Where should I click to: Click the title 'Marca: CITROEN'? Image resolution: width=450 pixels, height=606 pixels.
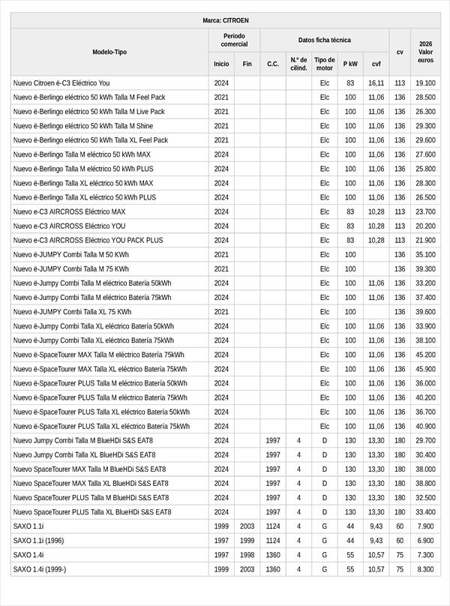225,20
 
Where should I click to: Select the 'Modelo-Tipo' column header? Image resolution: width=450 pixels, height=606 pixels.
109,52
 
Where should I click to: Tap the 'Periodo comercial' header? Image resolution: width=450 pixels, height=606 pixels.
234,40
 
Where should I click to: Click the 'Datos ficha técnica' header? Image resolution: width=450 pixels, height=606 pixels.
324,40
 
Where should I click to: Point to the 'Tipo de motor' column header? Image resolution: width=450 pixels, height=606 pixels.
324,64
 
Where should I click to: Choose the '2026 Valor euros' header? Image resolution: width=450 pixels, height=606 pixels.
425,52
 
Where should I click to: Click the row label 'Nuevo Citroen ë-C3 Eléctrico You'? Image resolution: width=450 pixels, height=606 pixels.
61,83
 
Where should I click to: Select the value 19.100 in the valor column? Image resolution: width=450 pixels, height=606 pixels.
425,83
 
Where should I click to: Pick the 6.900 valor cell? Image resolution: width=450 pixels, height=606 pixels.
425,541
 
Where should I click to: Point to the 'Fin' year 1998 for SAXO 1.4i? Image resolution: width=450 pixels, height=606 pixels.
247,555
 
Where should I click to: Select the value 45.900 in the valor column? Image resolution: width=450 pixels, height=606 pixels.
425,369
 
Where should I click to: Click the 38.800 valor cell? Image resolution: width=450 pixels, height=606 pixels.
425,484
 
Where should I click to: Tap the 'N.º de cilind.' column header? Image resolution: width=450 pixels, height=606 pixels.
298,64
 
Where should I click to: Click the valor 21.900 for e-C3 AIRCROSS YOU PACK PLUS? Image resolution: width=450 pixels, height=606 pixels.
425,241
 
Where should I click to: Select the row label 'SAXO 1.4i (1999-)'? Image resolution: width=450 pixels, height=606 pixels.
40,569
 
